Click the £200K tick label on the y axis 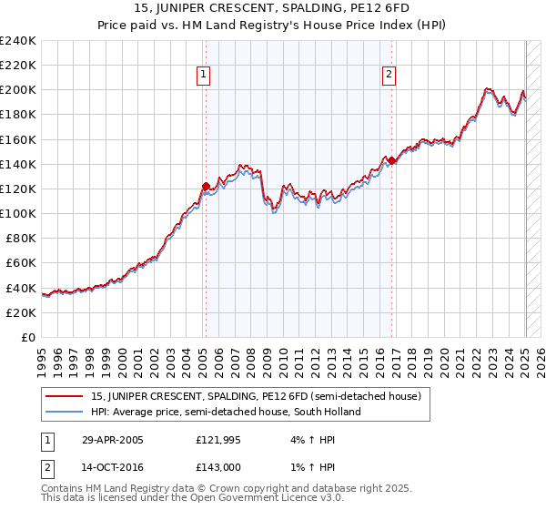point(18,90)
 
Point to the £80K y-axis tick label point(21,238)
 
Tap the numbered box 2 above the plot point(389,76)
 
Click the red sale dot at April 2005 point(206,186)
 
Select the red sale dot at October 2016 point(391,160)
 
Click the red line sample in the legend point(65,397)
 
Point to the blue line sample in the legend point(65,412)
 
